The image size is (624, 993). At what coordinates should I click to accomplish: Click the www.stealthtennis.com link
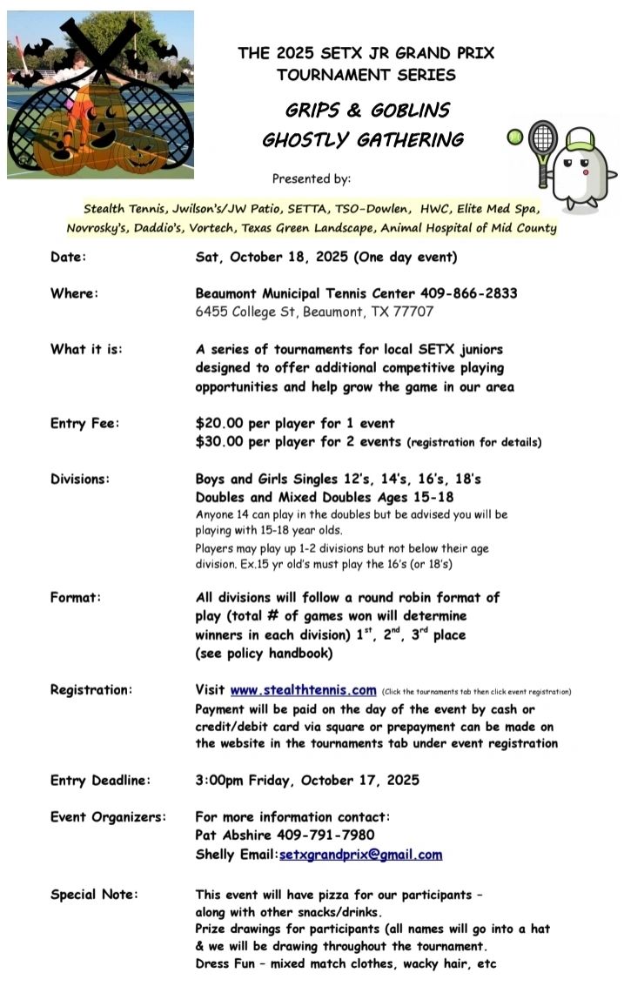303,690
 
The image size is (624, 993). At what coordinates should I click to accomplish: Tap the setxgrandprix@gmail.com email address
360,855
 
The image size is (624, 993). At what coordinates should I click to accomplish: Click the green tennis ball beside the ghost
514,138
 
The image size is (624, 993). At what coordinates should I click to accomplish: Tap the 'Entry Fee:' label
84,424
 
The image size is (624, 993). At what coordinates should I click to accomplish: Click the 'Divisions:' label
80,479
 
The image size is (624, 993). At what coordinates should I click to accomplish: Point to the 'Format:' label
76,598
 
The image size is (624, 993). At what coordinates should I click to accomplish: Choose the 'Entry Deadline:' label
100,780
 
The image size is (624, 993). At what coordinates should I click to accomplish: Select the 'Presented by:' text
312,179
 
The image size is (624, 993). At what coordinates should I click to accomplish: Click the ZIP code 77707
413,312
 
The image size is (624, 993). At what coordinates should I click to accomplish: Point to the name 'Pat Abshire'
234,835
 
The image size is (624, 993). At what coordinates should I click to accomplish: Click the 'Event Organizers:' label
107,817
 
